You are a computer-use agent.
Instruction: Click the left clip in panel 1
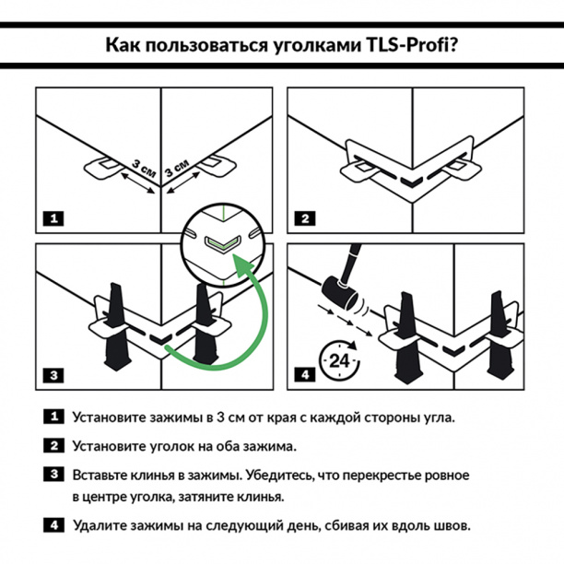(100, 166)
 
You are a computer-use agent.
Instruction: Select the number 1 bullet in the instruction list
(54, 417)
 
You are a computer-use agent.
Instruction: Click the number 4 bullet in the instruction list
(54, 525)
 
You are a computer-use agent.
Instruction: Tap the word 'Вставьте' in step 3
(102, 476)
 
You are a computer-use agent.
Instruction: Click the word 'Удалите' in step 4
(100, 525)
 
